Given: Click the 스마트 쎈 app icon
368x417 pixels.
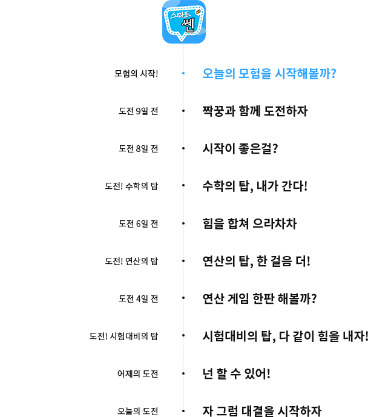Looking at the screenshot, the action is pos(184,22).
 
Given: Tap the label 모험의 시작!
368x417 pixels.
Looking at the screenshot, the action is pos(136,73).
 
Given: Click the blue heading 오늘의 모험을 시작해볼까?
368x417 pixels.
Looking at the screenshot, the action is pos(269,73).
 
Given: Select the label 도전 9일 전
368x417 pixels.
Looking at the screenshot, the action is pos(138,111).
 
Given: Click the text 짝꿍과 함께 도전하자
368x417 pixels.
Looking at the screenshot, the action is pos(255,111).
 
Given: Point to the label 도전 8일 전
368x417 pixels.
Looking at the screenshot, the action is pos(138,148).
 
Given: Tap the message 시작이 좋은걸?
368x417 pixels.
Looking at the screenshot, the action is pos(240,148).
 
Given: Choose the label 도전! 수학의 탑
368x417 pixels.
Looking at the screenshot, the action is pos(131,186).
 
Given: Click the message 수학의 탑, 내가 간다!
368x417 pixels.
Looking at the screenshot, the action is pos(255,186).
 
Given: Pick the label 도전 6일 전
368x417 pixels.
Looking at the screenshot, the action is pos(138,223).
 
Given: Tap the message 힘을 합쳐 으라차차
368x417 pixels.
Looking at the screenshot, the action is pos(249,223).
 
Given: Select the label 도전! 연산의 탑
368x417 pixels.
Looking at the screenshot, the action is pos(131,261).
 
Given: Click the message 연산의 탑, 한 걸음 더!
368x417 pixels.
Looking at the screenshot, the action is pos(256,261).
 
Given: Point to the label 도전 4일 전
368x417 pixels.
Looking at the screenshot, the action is pos(138,298).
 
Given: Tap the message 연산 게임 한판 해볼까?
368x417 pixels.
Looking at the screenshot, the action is pos(260,298).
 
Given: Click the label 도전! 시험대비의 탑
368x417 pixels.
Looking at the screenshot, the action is pos(123,336).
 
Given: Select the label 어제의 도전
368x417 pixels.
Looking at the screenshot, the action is pos(138,373).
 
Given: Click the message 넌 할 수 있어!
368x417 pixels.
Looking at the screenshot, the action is pos(237,373).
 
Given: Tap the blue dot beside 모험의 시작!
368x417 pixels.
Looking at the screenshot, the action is pos(183,73).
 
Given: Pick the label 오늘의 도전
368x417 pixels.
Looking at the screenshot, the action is pos(138,411).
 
